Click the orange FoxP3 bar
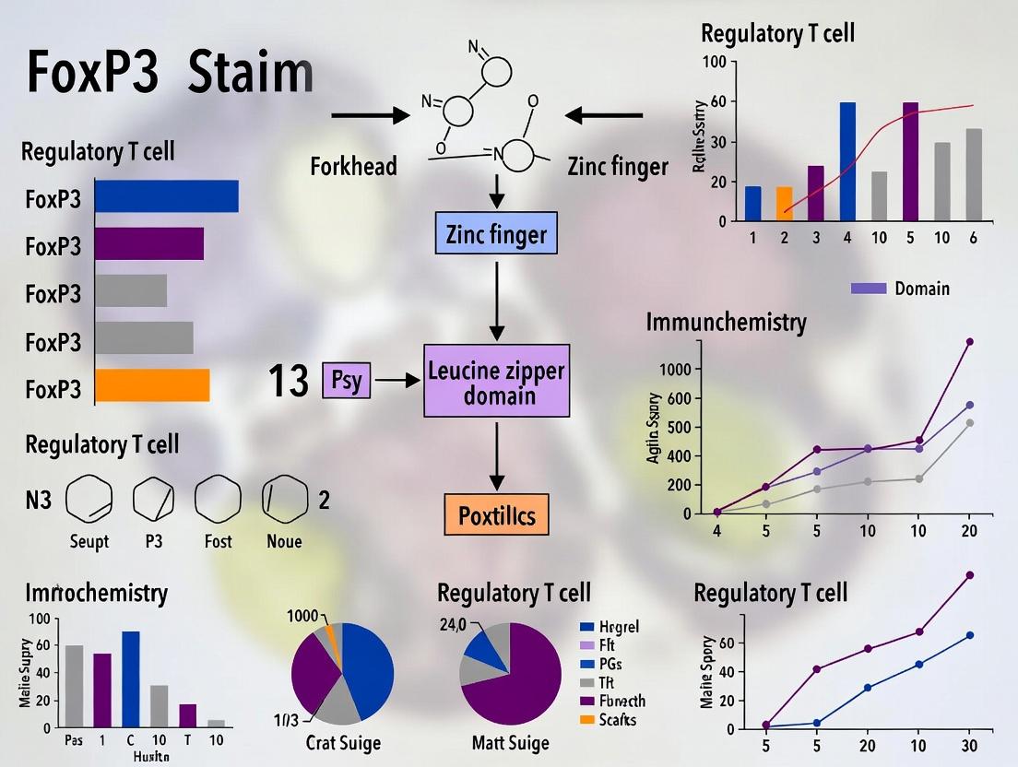[152, 385]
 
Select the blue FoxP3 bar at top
[166, 196]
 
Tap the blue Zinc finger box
[497, 235]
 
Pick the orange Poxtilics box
[496, 514]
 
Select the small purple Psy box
[346, 380]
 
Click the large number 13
[288, 381]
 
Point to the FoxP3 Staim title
[170, 74]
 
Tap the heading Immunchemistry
[726, 323]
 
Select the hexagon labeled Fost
[218, 501]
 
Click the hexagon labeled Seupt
[89, 501]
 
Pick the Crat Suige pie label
[343, 742]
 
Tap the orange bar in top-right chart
[784, 204]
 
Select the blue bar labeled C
[131, 679]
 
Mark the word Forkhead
[354, 166]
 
